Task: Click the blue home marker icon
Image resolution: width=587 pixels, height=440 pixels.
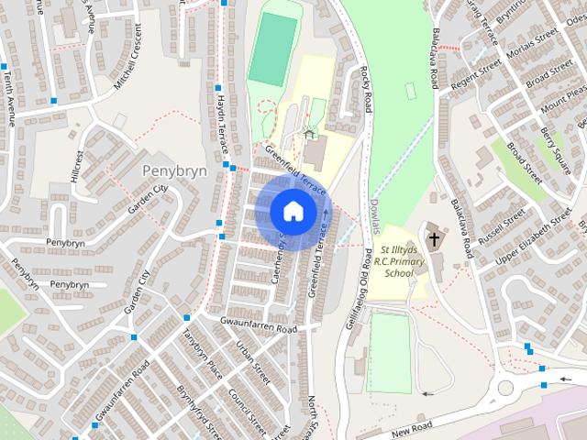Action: pyautogui.click(x=292, y=211)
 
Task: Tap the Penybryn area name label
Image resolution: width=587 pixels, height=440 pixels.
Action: pyautogui.click(x=174, y=170)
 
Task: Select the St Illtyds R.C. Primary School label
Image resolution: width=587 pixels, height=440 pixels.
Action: pyautogui.click(x=404, y=261)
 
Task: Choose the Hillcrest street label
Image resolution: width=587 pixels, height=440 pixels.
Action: pyautogui.click(x=80, y=169)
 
